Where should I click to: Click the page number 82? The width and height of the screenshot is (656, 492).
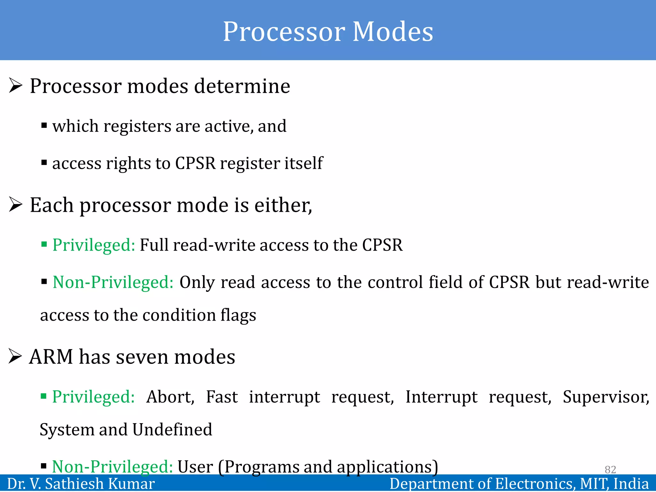[x=610, y=469]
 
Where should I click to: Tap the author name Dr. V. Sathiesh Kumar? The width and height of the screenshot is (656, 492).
[x=81, y=484]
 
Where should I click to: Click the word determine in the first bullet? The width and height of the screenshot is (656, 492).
[x=242, y=86]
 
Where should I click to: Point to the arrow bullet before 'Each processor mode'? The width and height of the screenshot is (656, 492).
[x=15, y=205]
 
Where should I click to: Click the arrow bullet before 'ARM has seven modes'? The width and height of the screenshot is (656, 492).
[x=15, y=357]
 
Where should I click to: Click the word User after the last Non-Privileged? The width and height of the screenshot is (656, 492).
[x=195, y=467]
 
